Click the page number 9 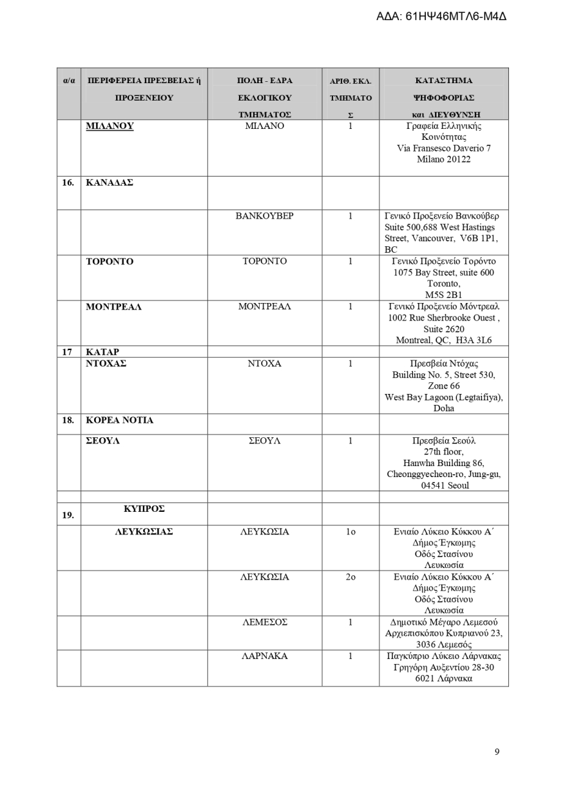click(497, 751)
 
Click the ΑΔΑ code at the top click(441, 15)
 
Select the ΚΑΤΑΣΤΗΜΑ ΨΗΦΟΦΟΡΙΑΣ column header click(443, 97)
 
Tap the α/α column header click(69, 81)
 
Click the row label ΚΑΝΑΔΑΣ click(110, 182)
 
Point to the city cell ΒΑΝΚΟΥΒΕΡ click(264, 216)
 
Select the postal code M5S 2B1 click(443, 295)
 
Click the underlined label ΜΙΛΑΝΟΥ click(110, 126)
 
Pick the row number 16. click(68, 182)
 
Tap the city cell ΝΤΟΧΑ click(264, 364)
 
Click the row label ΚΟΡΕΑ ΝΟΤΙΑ click(120, 420)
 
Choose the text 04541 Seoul click(443, 485)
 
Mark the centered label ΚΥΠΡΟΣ click(144, 509)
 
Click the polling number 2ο click(350, 577)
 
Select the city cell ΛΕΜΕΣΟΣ click(264, 622)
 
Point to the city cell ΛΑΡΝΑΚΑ click(264, 656)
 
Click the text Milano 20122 click(443, 159)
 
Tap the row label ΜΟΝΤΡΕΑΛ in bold click(114, 307)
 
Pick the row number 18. click(68, 420)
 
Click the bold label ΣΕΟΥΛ click(103, 441)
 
